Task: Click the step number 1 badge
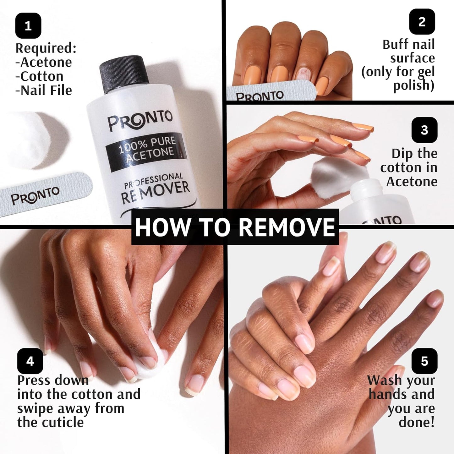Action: click(x=28, y=25)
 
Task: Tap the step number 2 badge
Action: click(x=422, y=22)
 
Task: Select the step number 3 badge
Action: click(x=424, y=130)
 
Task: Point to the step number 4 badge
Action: click(x=30, y=361)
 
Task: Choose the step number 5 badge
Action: click(x=424, y=361)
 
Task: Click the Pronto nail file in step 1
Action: click(x=44, y=195)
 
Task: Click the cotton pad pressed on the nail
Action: click(x=152, y=361)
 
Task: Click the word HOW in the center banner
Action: click(x=163, y=227)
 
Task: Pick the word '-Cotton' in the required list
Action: click(x=40, y=76)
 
